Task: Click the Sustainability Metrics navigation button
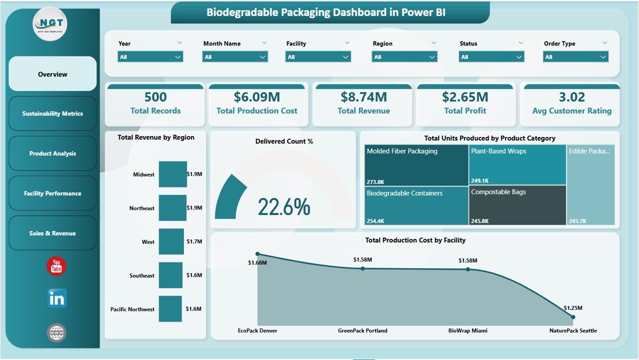click(x=52, y=113)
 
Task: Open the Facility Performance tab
click(x=52, y=193)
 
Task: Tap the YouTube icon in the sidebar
click(x=56, y=266)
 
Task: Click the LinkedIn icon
click(x=56, y=298)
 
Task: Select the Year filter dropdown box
click(x=150, y=57)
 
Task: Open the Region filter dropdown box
click(x=404, y=57)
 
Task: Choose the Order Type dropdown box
click(x=575, y=57)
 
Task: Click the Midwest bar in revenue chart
click(x=172, y=174)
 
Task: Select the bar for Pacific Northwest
click(x=170, y=308)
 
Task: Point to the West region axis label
click(x=148, y=242)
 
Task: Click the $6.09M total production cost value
click(x=256, y=97)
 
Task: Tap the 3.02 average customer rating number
click(x=571, y=97)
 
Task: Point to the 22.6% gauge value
click(x=284, y=207)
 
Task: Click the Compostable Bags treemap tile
click(x=517, y=205)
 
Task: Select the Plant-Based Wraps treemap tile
click(x=517, y=165)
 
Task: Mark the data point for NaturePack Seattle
click(x=573, y=316)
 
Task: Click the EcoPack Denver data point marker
click(x=257, y=254)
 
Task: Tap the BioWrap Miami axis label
click(x=468, y=330)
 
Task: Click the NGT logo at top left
click(x=49, y=23)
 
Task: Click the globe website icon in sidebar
click(x=56, y=332)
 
